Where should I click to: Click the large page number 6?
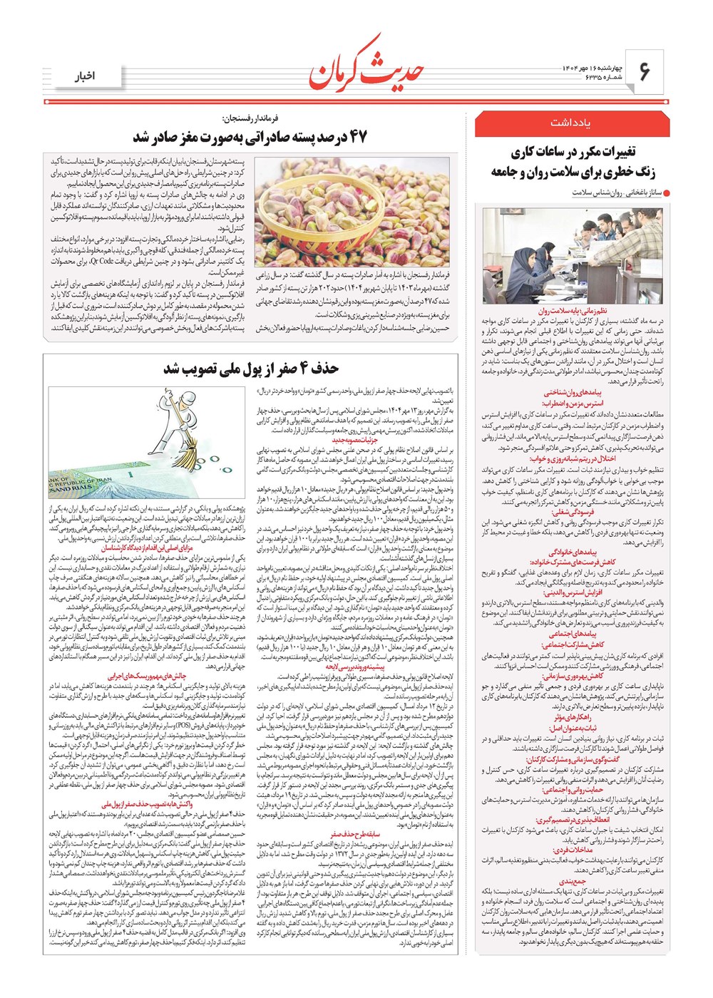645,72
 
